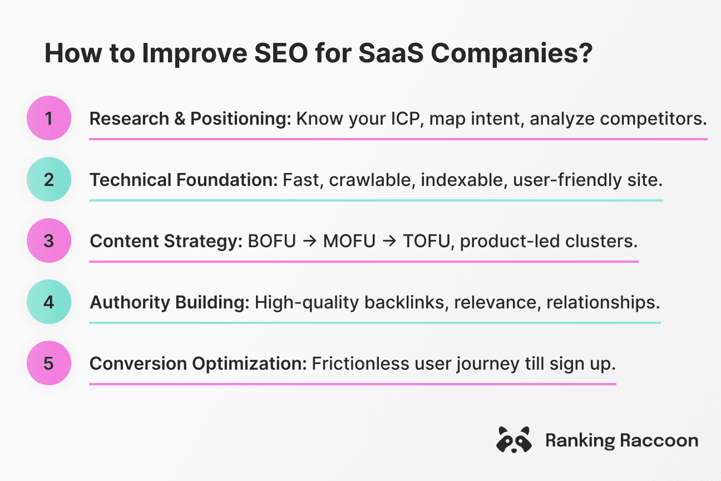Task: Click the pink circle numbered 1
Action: pos(49,119)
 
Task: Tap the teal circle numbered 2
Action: pos(49,180)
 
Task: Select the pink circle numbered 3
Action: pos(49,241)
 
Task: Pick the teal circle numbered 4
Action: pos(49,302)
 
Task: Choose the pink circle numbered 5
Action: pos(49,364)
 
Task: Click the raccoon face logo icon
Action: pos(513,440)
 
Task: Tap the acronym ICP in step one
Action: pos(387,119)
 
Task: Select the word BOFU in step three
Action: pos(272,241)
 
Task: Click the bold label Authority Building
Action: pos(170,302)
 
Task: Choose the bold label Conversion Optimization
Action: pos(198,364)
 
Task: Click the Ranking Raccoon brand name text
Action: pos(621,440)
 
